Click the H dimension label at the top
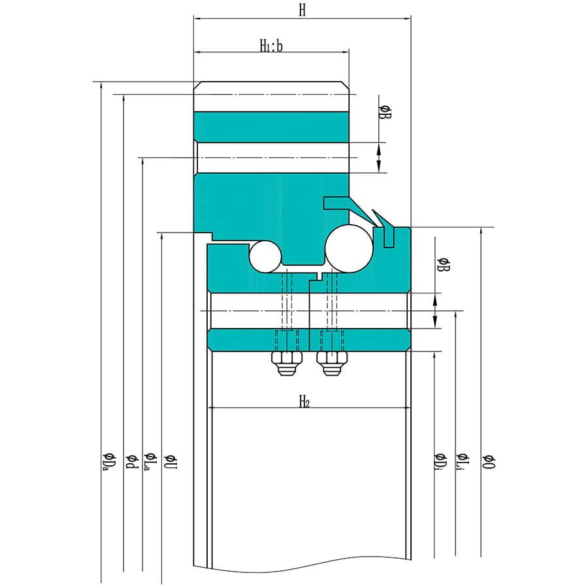pos(302,10)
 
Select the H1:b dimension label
pos(271,46)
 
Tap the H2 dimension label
pos(304,401)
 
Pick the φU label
pos(170,461)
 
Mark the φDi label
pos(440,462)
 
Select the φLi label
pos(462,462)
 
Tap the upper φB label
pos(385,112)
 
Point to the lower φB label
pos(443,265)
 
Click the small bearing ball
pos(265,257)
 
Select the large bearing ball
pos(349,249)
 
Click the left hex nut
pos(287,363)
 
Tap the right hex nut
pos(331,363)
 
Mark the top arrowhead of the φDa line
pos(101,86)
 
